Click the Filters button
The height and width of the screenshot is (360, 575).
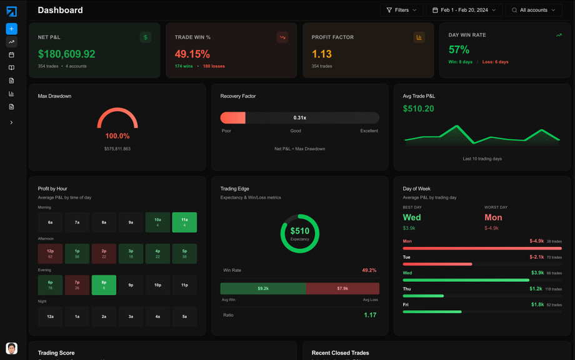pos(401,10)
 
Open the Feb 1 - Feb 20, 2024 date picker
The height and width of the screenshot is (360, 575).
pos(464,10)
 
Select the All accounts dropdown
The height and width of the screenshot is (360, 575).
pos(534,10)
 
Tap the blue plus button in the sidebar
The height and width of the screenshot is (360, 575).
pos(11,29)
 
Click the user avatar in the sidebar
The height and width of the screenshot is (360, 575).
pos(11,348)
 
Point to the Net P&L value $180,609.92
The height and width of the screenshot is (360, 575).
pos(66,54)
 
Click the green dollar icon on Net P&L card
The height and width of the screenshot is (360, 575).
pos(146,37)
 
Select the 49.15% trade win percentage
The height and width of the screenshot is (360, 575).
pos(192,54)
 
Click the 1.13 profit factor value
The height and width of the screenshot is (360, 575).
pos(322,54)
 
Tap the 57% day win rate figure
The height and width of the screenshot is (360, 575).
pos(459,50)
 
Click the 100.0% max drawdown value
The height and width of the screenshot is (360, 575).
pos(117,136)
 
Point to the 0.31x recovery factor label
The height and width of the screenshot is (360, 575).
pos(300,117)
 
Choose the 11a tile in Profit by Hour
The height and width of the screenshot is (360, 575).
pos(184,222)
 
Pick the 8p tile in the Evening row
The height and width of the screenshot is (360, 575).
pos(104,285)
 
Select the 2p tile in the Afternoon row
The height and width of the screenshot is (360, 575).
pos(104,253)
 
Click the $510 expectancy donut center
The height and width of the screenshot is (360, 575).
pos(300,233)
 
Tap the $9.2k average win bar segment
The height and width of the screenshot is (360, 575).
pos(263,288)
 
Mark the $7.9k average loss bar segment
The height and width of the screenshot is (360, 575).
pos(342,288)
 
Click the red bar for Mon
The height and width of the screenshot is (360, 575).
pos(482,248)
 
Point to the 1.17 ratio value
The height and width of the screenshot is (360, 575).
pos(370,315)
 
